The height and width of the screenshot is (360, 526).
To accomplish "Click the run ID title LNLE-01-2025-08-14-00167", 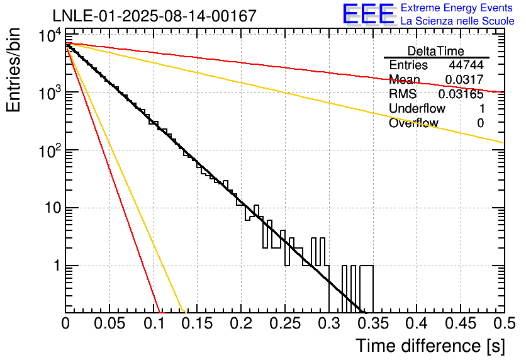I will click(154, 16).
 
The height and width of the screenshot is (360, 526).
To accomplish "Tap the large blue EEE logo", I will click(368, 14).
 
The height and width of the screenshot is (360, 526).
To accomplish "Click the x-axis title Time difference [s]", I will click(429, 346).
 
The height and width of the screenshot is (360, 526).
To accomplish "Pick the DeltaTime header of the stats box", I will click(436, 51).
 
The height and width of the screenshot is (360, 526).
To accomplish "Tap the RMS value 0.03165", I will click(461, 94).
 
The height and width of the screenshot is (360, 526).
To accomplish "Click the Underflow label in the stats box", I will click(417, 109).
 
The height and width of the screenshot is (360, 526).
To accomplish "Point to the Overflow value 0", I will click(480, 123).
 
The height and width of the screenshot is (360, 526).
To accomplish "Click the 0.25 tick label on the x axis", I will click(285, 323).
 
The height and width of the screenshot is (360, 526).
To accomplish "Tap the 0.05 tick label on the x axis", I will click(109, 323).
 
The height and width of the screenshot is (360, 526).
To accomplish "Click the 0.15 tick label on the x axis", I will click(197, 323).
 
